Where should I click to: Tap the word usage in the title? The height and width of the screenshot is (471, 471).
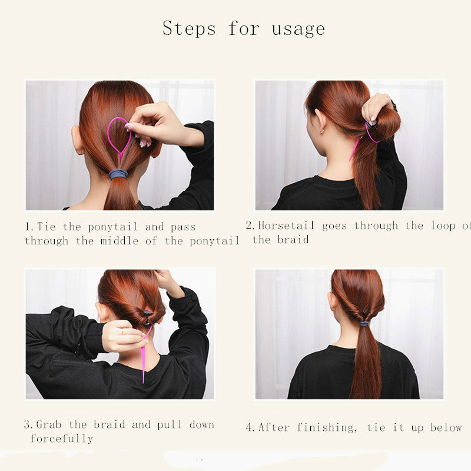(x=298, y=29)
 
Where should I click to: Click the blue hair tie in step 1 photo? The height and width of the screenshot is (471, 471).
(x=118, y=174)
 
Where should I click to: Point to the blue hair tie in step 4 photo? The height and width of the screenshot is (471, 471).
(x=364, y=323)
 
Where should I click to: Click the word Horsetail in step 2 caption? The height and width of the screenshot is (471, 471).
(x=286, y=225)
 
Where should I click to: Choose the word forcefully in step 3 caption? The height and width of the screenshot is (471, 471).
(x=62, y=439)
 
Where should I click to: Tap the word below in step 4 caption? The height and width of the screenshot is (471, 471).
(x=446, y=427)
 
